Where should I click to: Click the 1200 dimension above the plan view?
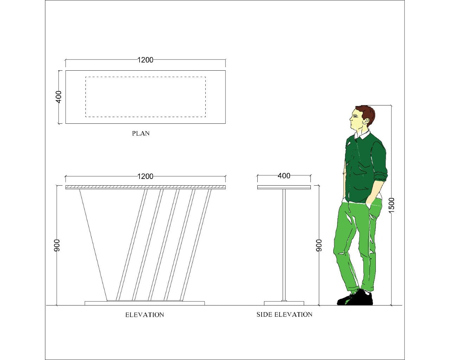click(x=145, y=60)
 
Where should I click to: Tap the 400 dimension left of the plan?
click(x=59, y=97)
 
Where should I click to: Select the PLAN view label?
click(x=141, y=133)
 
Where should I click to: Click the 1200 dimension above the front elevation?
click(x=145, y=176)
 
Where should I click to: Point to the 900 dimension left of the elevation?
click(x=57, y=245)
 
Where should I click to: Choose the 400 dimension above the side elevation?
click(x=284, y=175)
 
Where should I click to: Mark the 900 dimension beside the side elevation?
click(x=319, y=245)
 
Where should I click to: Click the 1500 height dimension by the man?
click(x=392, y=205)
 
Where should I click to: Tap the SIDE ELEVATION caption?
click(x=284, y=315)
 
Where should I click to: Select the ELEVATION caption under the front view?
click(x=144, y=315)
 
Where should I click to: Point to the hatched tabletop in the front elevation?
click(x=146, y=187)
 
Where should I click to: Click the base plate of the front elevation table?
click(x=144, y=303)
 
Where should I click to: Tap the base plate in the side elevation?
click(x=284, y=303)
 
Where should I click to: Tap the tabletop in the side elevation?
click(x=284, y=187)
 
